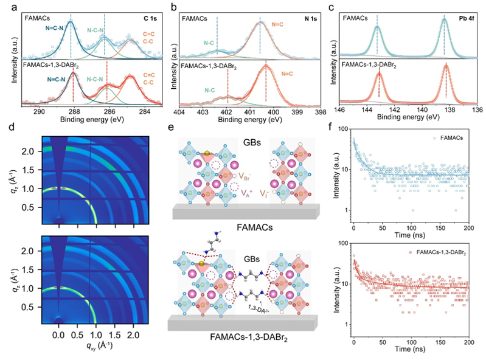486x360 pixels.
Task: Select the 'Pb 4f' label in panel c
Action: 467,19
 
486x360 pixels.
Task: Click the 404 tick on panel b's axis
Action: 179,111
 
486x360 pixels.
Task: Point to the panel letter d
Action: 7,129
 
